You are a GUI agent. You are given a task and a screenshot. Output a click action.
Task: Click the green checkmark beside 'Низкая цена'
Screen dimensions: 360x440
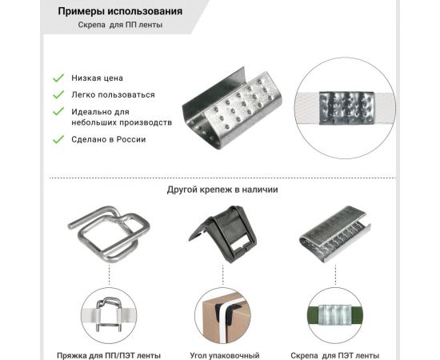click(x=58, y=78)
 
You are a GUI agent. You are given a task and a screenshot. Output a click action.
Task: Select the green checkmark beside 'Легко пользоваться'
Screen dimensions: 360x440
click(x=58, y=94)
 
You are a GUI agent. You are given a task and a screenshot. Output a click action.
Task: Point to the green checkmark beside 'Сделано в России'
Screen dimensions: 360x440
click(x=58, y=139)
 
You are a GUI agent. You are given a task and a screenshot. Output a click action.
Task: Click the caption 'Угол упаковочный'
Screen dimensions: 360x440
click(x=225, y=354)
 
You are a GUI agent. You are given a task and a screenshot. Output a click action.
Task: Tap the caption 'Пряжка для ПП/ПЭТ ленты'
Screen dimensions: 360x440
click(x=109, y=354)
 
